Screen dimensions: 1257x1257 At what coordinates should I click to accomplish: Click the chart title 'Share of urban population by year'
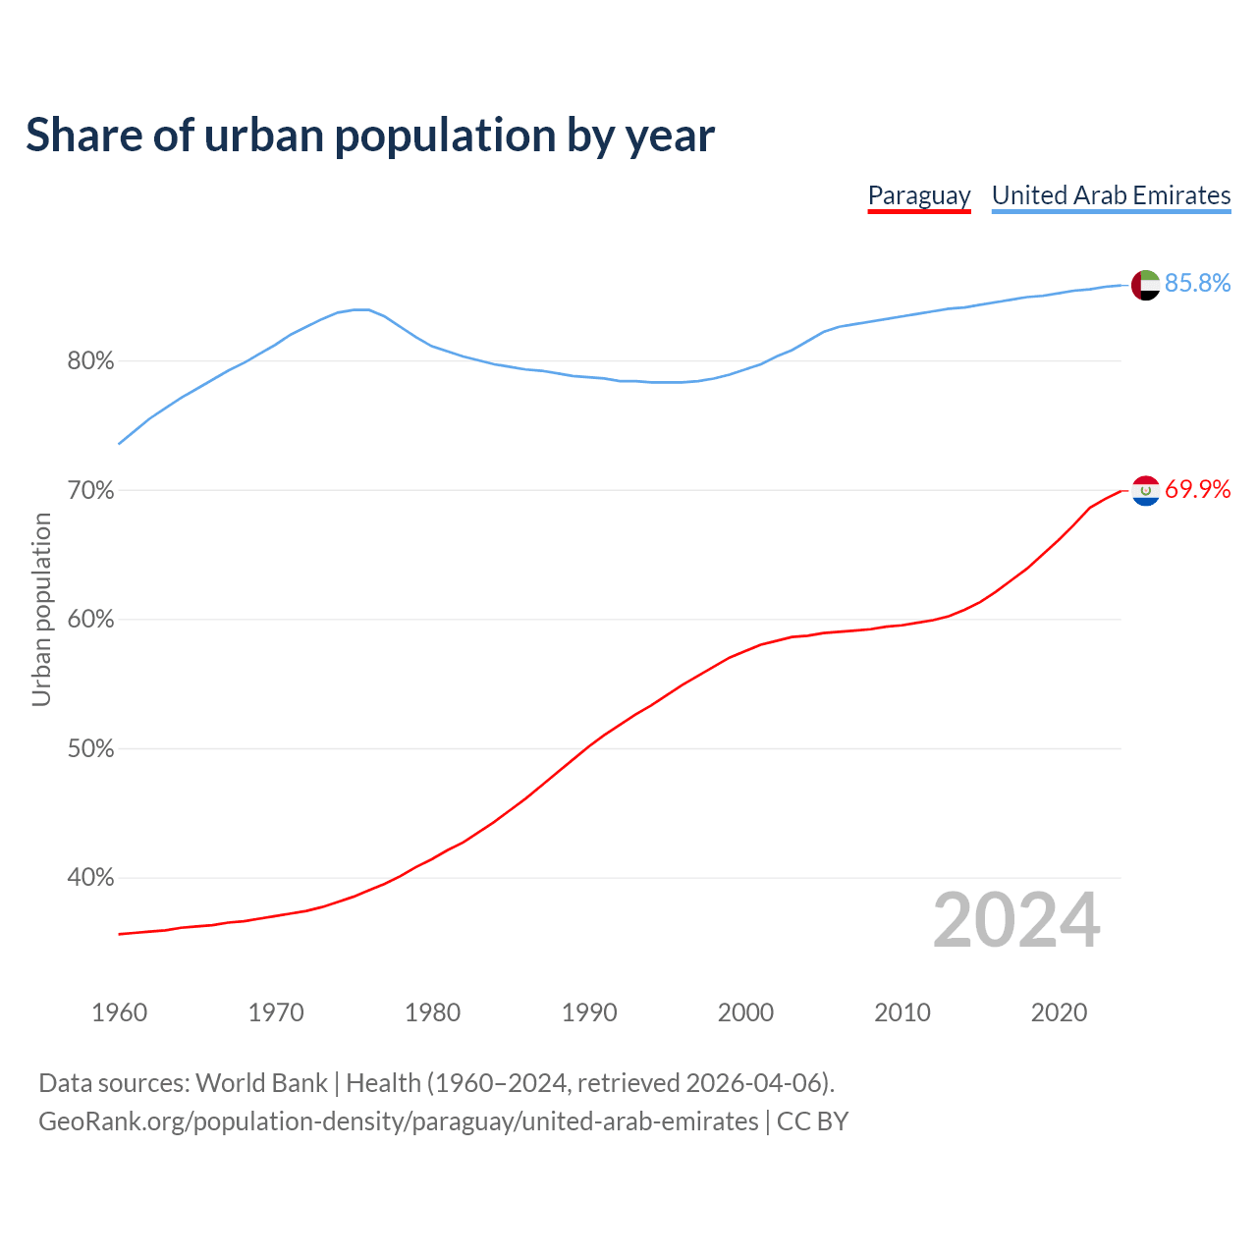pyautogui.click(x=369, y=136)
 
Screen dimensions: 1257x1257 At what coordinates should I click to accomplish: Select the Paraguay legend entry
pyautogui.click(x=919, y=195)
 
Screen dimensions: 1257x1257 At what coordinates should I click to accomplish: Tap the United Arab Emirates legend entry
pyautogui.click(x=1111, y=195)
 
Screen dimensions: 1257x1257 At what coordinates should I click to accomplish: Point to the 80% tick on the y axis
pyautogui.click(x=90, y=361)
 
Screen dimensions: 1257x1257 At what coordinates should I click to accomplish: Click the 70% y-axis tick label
pyautogui.click(x=90, y=490)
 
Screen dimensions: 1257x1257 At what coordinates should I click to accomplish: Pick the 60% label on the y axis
pyautogui.click(x=90, y=620)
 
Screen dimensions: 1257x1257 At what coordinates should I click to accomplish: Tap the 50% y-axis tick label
pyautogui.click(x=90, y=749)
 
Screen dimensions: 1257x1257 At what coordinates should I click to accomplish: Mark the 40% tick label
pyautogui.click(x=90, y=878)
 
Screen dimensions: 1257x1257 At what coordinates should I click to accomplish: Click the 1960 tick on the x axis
pyautogui.click(x=119, y=1012)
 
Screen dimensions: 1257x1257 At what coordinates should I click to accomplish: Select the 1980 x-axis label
pyautogui.click(x=432, y=1012)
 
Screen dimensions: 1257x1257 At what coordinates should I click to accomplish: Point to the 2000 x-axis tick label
pyautogui.click(x=745, y=1012)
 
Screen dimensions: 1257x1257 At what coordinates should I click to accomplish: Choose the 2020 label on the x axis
pyautogui.click(x=1059, y=1012)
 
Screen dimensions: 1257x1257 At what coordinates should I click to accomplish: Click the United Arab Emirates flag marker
pyautogui.click(x=1146, y=285)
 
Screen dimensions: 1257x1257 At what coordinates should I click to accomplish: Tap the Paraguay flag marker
pyautogui.click(x=1146, y=490)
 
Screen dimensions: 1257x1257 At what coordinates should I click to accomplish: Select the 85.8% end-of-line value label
pyautogui.click(x=1197, y=284)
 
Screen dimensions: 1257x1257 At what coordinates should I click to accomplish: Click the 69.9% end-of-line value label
pyautogui.click(x=1197, y=490)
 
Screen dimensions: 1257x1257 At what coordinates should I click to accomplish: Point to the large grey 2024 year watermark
pyautogui.click(x=1016, y=921)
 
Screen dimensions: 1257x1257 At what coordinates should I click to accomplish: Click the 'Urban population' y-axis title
pyautogui.click(x=41, y=610)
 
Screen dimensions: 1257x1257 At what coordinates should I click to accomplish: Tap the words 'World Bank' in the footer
pyautogui.click(x=261, y=1083)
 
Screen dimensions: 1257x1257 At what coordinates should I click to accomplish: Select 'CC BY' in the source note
pyautogui.click(x=812, y=1121)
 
